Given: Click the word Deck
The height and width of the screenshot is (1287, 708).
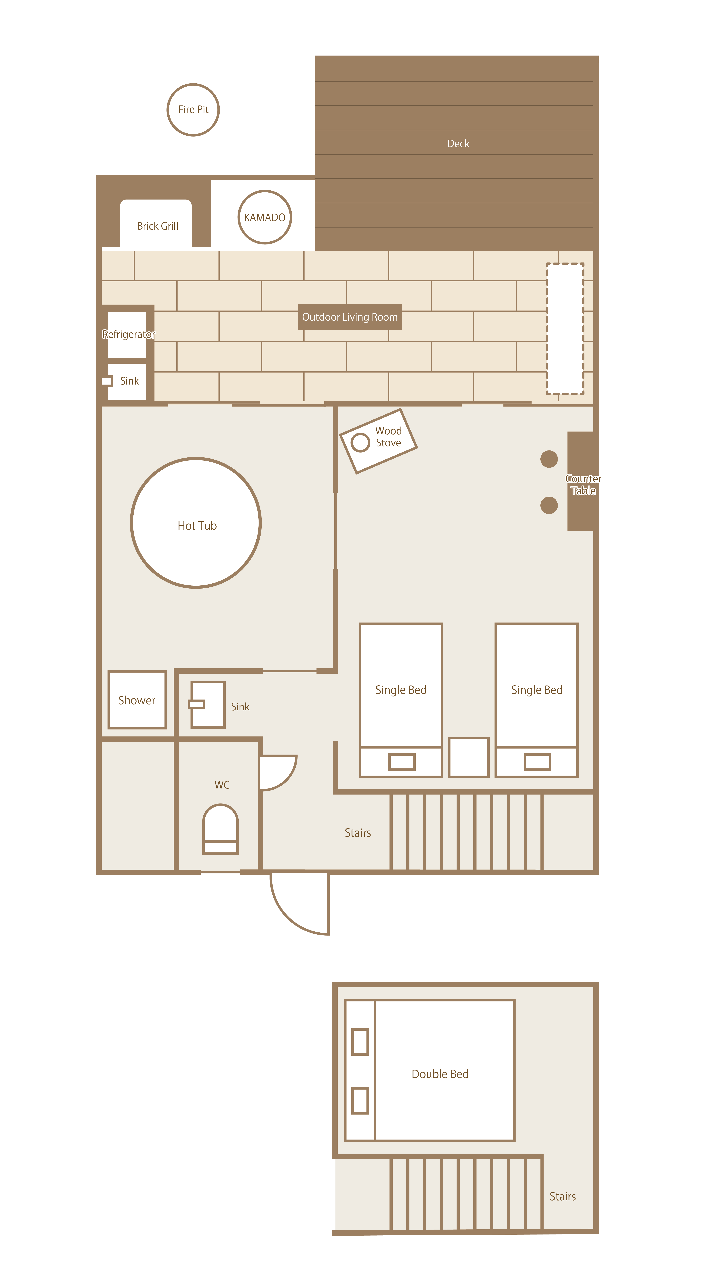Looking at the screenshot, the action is point(458,144).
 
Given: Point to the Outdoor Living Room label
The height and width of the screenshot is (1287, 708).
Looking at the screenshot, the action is point(350,317).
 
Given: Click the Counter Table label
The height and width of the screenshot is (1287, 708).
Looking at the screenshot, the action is point(583,485).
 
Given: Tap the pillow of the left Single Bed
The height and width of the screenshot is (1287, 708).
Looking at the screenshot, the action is point(402,762).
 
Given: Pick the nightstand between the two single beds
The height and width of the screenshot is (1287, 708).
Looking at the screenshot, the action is point(469,757).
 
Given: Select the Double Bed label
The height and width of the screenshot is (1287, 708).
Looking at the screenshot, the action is point(440,1074).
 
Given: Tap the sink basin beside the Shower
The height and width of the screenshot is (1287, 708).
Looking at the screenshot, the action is point(208,704).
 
